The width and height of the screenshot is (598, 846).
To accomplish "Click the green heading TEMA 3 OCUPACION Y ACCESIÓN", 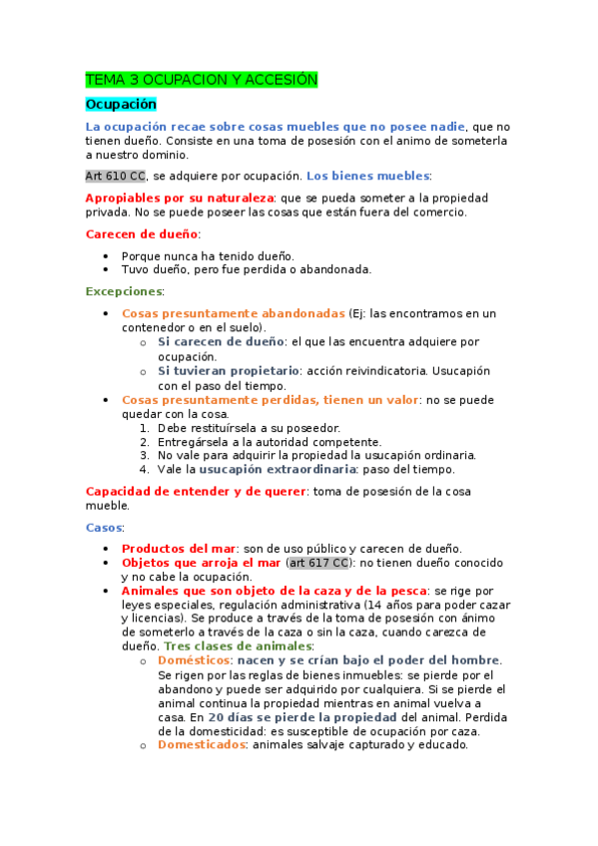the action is click(x=201, y=79).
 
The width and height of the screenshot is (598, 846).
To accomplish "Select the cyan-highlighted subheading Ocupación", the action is click(x=121, y=103).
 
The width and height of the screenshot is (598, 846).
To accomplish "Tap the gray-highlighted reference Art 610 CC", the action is click(x=115, y=176).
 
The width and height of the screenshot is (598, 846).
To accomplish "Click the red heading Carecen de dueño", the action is click(x=142, y=233).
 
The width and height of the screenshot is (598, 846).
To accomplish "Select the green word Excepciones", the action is click(x=124, y=291).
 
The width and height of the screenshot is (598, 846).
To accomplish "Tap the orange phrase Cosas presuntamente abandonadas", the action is click(x=234, y=313).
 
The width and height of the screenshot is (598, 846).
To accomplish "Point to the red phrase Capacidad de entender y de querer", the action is click(x=196, y=491).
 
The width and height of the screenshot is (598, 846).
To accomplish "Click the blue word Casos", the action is click(x=105, y=526).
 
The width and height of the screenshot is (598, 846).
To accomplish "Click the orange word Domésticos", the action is click(x=194, y=660).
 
